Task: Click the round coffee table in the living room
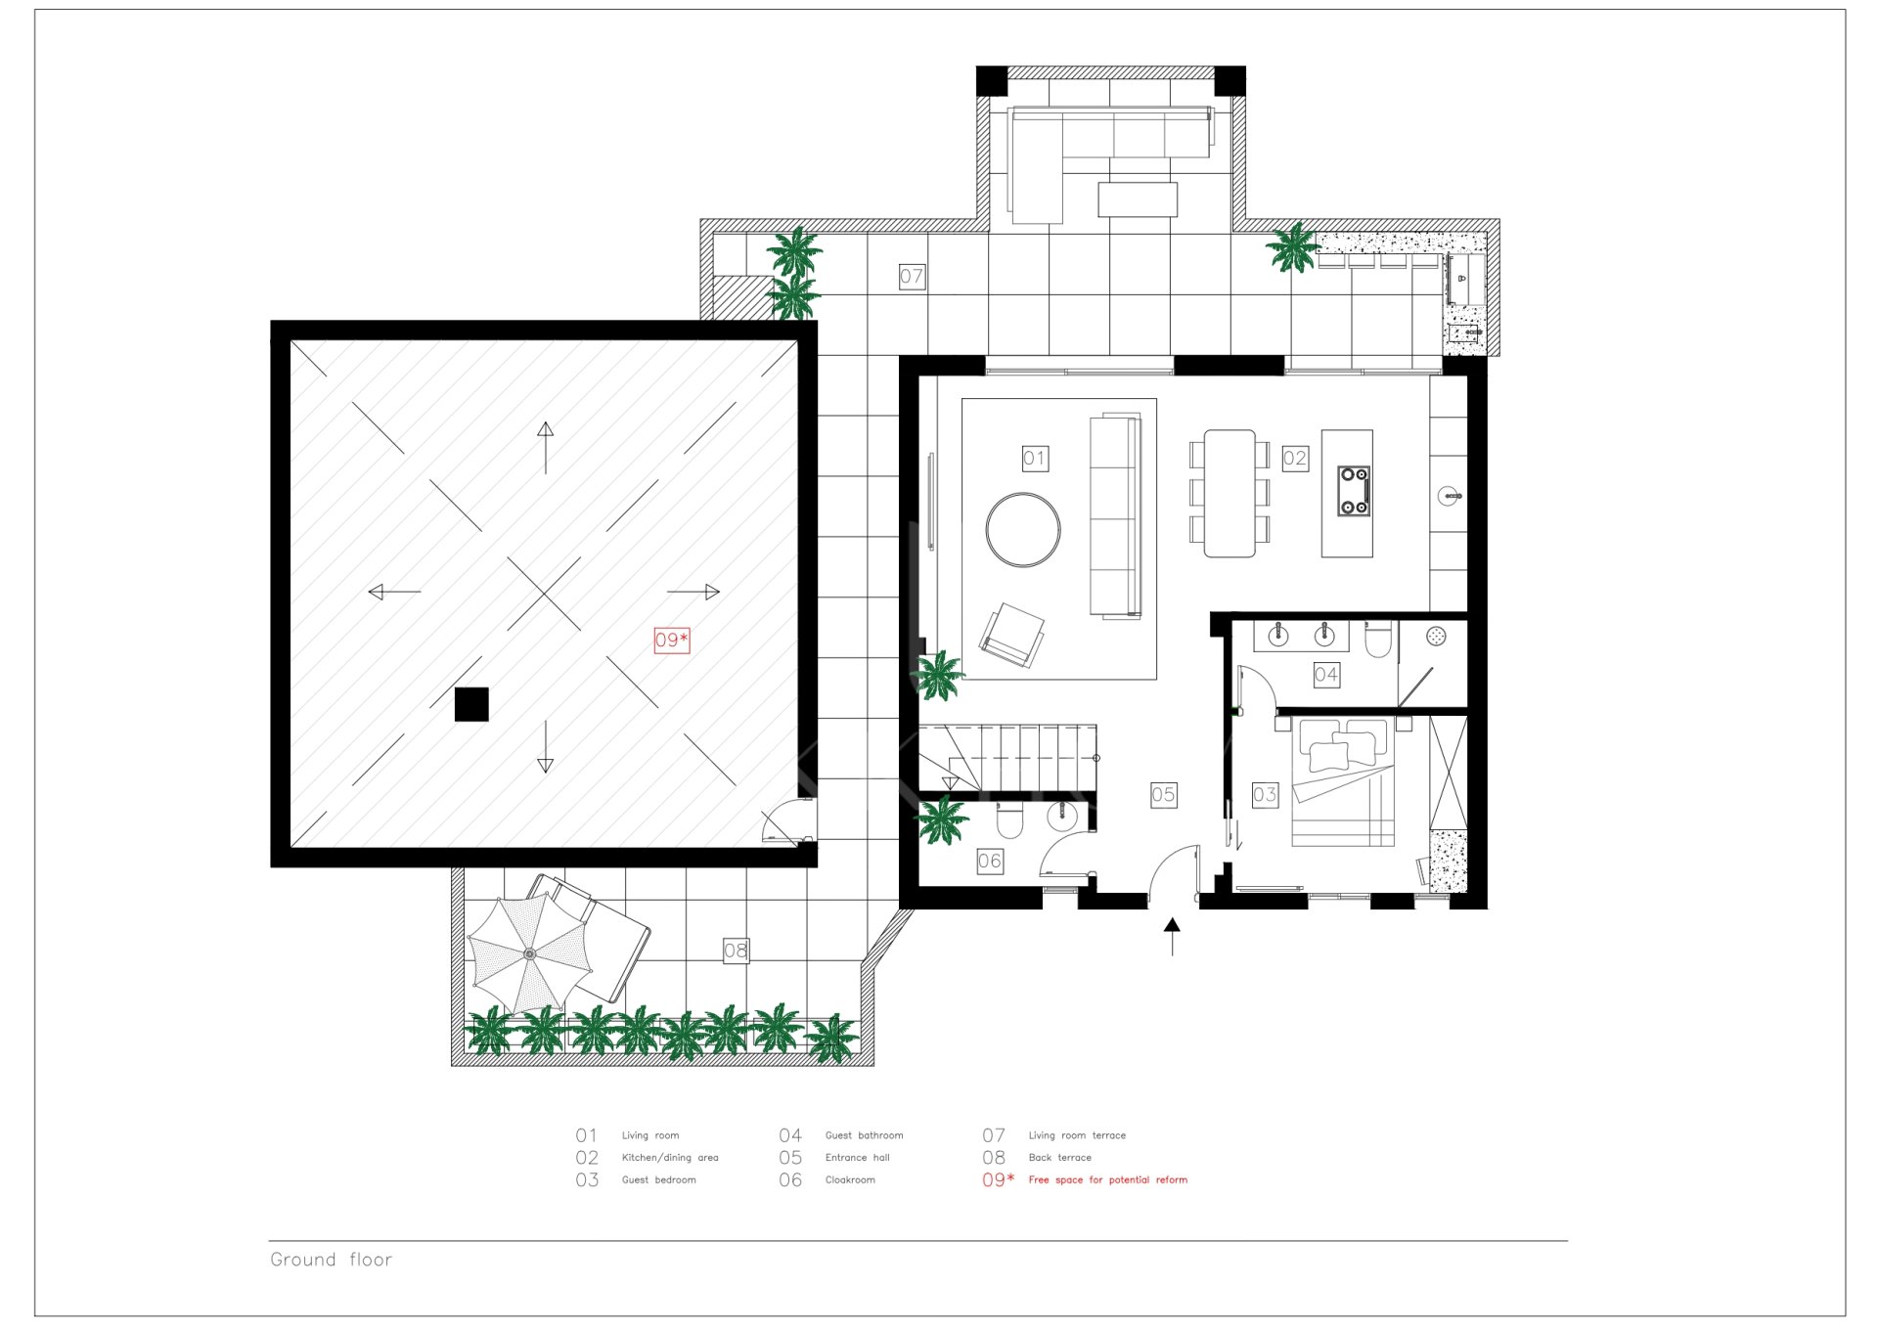[x=1023, y=530]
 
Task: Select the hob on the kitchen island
[x=1354, y=491]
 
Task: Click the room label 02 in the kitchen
[x=1295, y=458]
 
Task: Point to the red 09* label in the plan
[x=671, y=640]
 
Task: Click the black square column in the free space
[x=471, y=704]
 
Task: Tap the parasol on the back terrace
[x=529, y=953]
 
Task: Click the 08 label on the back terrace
[x=736, y=950]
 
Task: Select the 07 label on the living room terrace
[x=912, y=276]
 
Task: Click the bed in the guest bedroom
[x=1343, y=781]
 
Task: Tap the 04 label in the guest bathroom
[x=1326, y=674]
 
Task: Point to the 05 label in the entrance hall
[x=1163, y=794]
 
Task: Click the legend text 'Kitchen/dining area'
[x=670, y=1158]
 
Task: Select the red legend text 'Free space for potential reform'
[x=1108, y=1180]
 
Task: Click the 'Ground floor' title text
[x=332, y=1260]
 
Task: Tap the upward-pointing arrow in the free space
[x=546, y=448]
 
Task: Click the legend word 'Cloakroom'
[x=850, y=1180]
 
